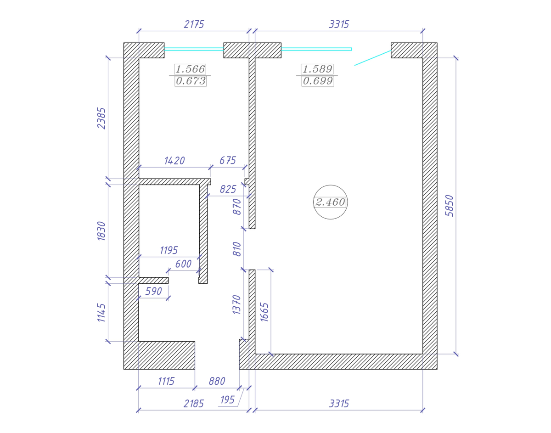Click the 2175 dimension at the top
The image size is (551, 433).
[x=194, y=24]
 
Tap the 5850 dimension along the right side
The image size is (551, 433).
[x=450, y=206]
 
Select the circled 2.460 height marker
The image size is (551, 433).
[x=331, y=202]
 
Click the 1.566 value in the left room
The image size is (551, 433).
[x=190, y=69]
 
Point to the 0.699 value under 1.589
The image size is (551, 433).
[x=318, y=81]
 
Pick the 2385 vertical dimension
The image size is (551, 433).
[x=101, y=118]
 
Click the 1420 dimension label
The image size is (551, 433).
[x=174, y=161]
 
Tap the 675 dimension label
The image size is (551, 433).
[x=228, y=160]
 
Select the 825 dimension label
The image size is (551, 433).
[x=228, y=189]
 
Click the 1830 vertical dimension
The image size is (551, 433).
[x=101, y=231]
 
